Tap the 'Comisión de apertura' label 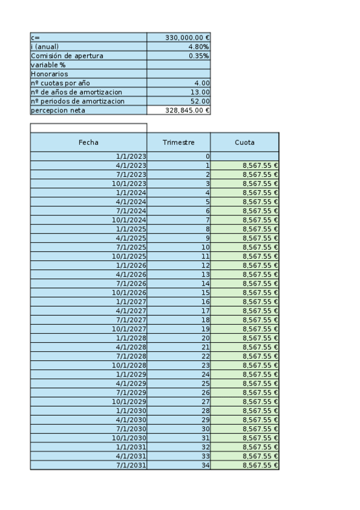(67, 56)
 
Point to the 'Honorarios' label (49, 74)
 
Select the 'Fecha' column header (88, 143)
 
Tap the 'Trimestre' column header (178, 143)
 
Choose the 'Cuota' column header (245, 143)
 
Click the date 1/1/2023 (131, 156)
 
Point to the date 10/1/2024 (129, 220)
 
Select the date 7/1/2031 (131, 465)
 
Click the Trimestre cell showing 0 (207, 156)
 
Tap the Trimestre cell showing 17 (206, 311)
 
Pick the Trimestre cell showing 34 (206, 465)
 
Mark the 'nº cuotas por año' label (60, 83)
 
